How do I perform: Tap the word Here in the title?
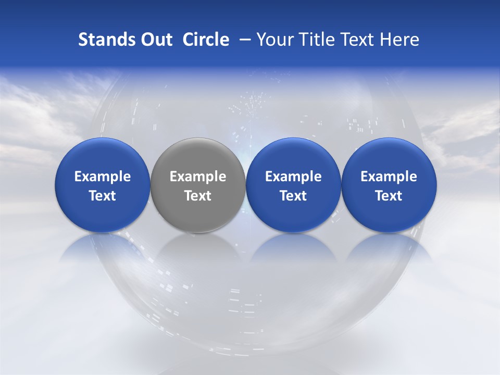[x=398, y=40]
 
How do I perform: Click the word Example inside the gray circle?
[x=198, y=177]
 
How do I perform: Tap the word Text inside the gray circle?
[x=198, y=196]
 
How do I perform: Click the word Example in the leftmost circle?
[x=103, y=177]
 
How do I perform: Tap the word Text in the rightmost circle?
[x=389, y=196]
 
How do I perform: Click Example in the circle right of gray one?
[x=293, y=177]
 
